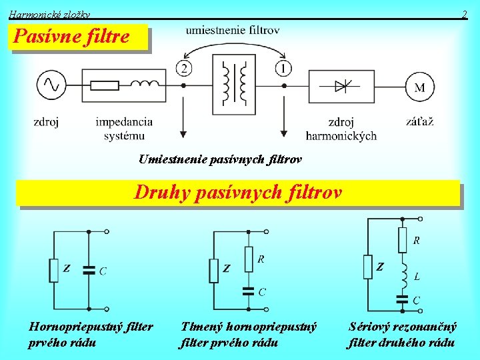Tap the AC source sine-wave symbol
tap(51, 85)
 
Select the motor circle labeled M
tap(420, 87)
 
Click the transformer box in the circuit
tap(234, 85)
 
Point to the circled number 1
tap(283, 68)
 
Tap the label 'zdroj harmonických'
tap(341, 129)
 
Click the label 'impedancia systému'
tap(124, 129)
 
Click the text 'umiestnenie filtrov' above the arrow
tap(233, 30)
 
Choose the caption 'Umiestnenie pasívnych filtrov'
tap(220, 159)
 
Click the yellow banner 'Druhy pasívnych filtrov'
tap(238, 193)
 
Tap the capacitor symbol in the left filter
tap(89, 271)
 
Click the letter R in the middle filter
tap(261, 259)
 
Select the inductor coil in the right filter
tap(403, 273)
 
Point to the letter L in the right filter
tap(417, 275)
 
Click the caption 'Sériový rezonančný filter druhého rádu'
tap(403, 335)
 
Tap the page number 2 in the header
tap(465, 14)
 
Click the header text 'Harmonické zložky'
tap(49, 14)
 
